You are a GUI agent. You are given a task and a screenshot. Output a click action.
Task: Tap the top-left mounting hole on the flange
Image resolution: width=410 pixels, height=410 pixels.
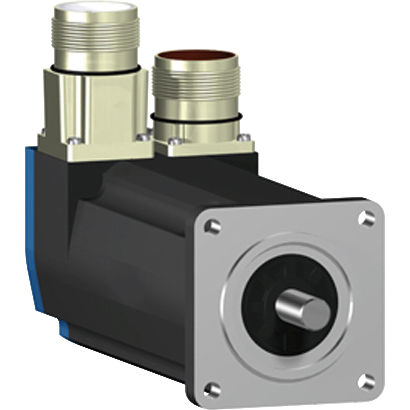point(212,226)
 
